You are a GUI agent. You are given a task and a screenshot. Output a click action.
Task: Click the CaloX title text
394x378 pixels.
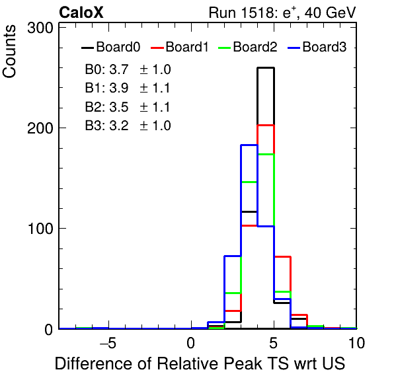coord(81,13)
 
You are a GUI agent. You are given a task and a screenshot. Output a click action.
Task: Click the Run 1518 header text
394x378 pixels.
coord(282,13)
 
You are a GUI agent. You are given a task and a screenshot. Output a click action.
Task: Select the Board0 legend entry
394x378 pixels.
coord(111,47)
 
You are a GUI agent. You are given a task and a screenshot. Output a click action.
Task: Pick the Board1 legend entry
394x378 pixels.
coord(180,47)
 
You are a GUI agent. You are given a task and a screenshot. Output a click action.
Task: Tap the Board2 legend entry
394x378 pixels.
coord(248,47)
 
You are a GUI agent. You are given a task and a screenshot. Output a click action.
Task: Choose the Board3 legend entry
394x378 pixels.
coord(317,47)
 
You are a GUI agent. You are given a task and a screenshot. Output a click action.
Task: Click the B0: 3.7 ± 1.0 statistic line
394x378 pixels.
coord(128,69)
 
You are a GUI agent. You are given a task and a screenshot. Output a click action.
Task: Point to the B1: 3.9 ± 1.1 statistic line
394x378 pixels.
coord(128,88)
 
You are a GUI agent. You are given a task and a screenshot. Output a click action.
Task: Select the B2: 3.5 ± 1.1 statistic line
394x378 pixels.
coord(128,107)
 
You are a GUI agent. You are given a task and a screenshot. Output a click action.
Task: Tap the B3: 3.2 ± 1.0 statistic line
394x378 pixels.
coord(128,126)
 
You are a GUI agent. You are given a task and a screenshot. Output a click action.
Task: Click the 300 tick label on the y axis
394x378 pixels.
coord(40,28)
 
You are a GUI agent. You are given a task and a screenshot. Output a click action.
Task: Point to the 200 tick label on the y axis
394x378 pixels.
coord(40,128)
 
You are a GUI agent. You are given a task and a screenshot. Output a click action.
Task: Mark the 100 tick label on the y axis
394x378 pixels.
coord(40,229)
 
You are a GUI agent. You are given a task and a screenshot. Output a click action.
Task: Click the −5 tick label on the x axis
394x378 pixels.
coord(108,342)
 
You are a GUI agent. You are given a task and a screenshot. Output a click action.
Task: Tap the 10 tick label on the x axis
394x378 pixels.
coord(356,342)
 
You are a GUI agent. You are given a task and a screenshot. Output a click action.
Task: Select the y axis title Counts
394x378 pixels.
coord(9,52)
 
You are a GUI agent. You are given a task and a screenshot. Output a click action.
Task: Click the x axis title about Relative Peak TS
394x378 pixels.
coord(200,363)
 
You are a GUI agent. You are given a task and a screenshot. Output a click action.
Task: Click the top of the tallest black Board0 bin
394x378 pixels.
coord(266,68)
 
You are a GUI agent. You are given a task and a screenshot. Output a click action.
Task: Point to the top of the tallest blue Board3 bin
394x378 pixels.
coord(249,145)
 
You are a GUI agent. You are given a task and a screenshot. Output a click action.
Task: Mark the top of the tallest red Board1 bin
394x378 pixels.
coord(266,125)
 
